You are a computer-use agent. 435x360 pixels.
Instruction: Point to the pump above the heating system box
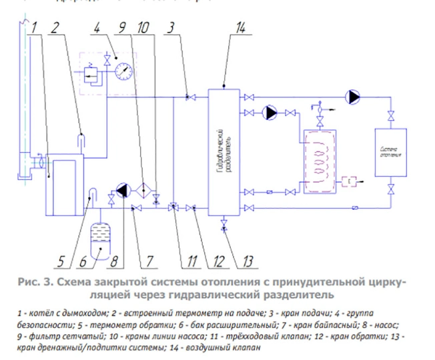click(352, 95)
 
